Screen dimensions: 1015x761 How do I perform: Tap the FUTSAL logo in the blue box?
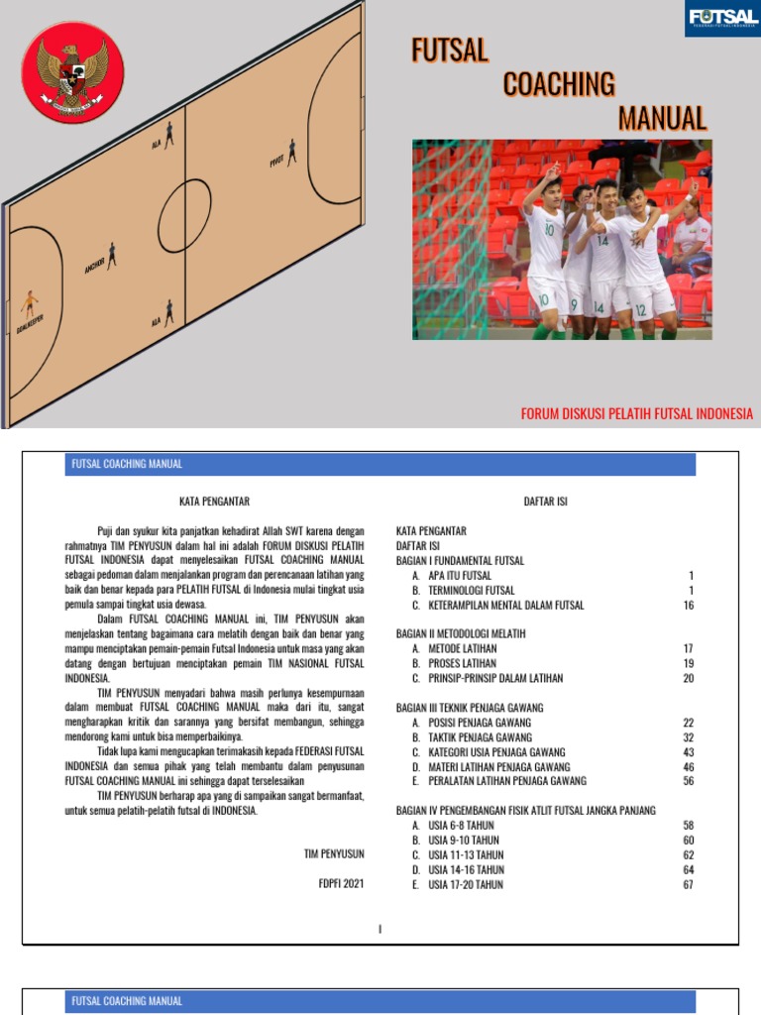point(722,19)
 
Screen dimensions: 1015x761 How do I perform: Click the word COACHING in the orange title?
point(559,84)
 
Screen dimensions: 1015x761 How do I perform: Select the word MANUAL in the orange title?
point(662,119)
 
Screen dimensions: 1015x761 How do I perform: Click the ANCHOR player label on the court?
point(96,265)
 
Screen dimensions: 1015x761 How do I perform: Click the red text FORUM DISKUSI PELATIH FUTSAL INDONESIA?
point(637,413)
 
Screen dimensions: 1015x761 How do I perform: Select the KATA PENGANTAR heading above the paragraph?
point(214,502)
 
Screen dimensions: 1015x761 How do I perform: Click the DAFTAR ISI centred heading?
point(545,502)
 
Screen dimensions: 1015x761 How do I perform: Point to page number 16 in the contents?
point(689,605)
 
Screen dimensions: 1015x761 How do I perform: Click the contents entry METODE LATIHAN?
point(462,648)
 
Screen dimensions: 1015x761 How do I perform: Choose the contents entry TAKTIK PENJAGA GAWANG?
point(480,737)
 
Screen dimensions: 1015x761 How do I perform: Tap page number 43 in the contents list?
point(689,752)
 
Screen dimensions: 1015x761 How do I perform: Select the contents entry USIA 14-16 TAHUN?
point(466,869)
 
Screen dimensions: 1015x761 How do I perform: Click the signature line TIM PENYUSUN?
point(334,852)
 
